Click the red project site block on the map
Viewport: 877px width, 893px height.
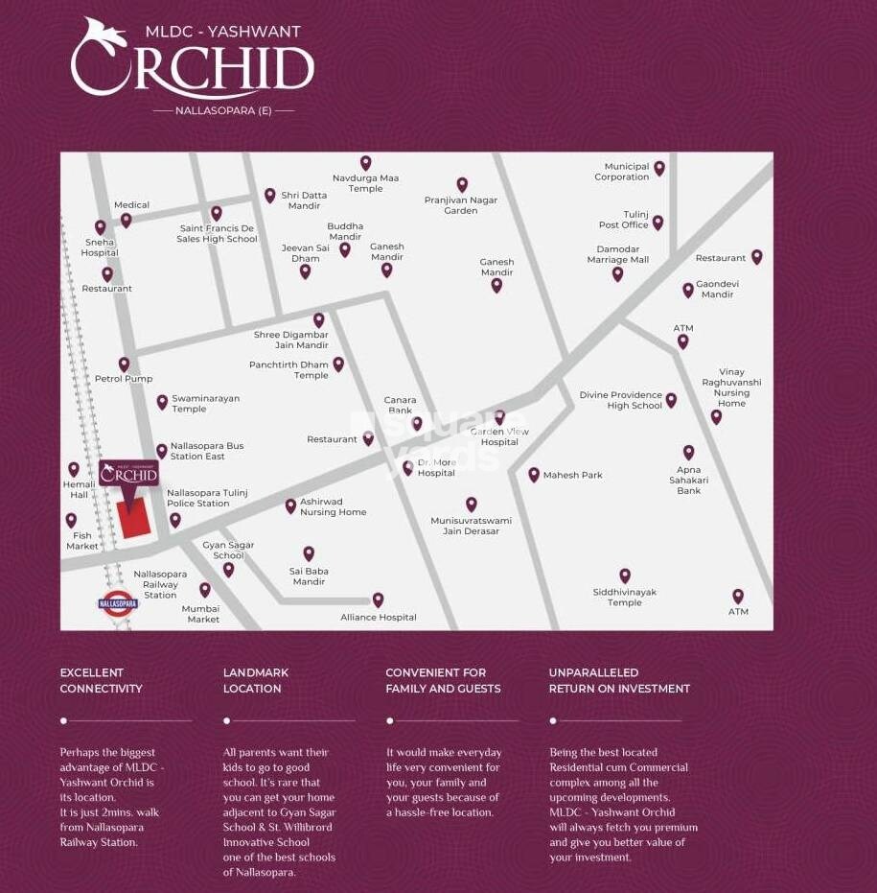point(135,517)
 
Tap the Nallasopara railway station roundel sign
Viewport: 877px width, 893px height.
point(118,604)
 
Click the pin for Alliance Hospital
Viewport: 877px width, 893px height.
point(378,599)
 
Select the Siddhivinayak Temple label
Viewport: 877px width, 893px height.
point(624,598)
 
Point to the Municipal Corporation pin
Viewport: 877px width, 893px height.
point(659,168)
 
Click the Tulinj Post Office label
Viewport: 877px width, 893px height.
point(624,220)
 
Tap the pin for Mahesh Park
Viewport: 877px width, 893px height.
point(534,474)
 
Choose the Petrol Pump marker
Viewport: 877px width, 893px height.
point(124,364)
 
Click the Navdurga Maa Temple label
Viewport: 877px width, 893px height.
point(365,183)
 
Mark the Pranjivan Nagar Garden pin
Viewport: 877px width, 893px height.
point(462,184)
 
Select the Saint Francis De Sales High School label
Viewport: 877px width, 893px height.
point(217,234)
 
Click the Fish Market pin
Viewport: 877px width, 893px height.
point(71,520)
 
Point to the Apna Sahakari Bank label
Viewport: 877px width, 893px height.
point(688,481)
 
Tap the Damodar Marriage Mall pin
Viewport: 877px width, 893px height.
point(617,273)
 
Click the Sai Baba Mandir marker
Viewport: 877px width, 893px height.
point(309,553)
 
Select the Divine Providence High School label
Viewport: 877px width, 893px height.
point(620,400)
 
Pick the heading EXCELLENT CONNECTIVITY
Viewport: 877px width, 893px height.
point(101,681)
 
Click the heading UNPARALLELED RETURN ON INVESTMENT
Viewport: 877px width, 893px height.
point(619,681)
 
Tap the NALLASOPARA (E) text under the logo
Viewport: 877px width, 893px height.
point(223,110)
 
